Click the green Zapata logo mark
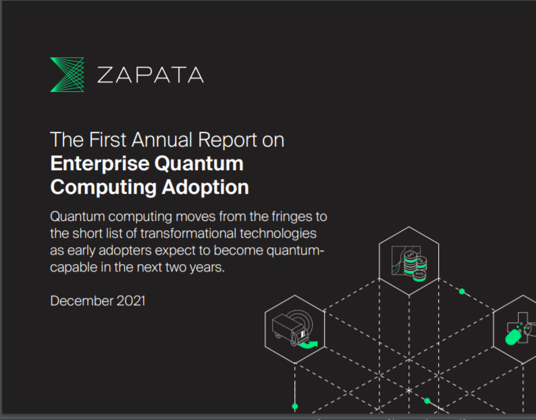[x=67, y=74]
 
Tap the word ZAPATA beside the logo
[x=151, y=75]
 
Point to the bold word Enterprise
[x=100, y=164]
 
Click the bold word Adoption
[x=205, y=188]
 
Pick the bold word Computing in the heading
[x=103, y=188]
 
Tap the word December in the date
[x=82, y=301]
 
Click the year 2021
[x=131, y=301]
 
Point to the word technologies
[x=278, y=234]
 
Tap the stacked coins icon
[x=415, y=266]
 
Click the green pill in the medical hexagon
[x=513, y=337]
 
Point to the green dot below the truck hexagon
[x=295, y=406]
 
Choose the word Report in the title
[x=227, y=140]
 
